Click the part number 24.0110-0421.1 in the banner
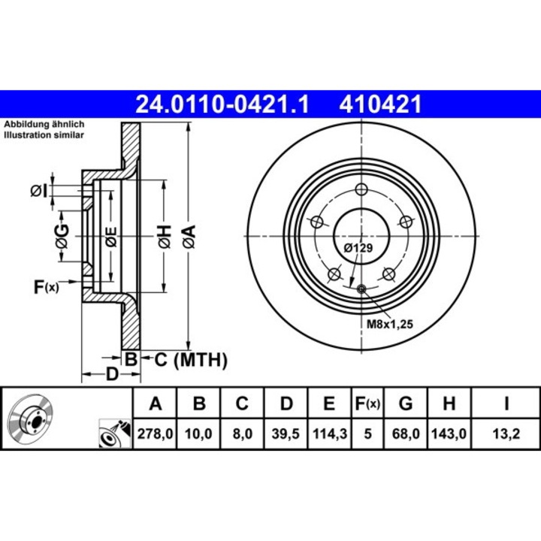tap(222, 104)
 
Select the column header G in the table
tap(405, 404)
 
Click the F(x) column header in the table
tap(367, 404)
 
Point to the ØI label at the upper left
tap(40, 191)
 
